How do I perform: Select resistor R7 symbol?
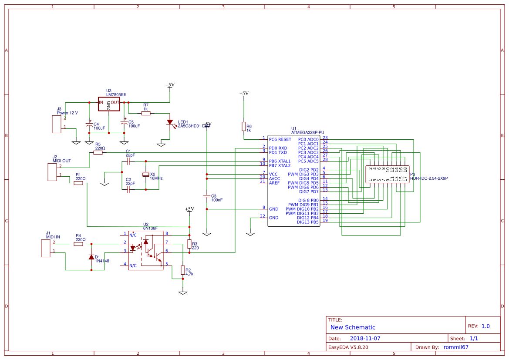coord(146,113)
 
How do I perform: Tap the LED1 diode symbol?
coord(170,123)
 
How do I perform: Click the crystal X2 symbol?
coord(146,174)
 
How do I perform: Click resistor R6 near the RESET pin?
coord(243,126)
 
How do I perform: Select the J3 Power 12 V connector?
coord(56,124)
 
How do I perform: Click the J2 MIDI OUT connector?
coord(52,172)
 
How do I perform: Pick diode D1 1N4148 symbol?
coord(91,257)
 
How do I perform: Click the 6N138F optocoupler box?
coord(146,250)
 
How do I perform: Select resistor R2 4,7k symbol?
coord(183,270)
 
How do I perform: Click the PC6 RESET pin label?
coord(280,140)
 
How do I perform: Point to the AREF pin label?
coord(274,183)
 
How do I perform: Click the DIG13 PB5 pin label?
coord(307,222)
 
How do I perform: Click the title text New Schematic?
coord(353,327)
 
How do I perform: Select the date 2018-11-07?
coord(365,338)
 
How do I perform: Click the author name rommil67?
coord(456,347)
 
